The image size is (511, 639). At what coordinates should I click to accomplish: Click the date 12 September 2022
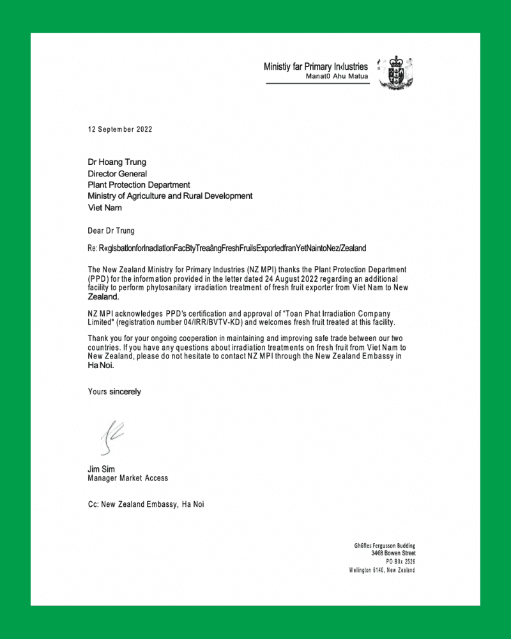tap(120, 129)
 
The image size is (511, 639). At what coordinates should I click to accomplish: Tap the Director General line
tap(118, 173)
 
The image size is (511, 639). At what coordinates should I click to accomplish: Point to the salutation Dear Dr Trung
tap(111, 230)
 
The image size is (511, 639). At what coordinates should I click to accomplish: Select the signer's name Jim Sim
tap(102, 469)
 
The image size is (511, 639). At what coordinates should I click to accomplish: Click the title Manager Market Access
tap(128, 478)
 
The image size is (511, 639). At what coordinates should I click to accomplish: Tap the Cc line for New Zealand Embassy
tap(146, 504)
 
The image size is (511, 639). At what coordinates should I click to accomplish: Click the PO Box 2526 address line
tap(400, 561)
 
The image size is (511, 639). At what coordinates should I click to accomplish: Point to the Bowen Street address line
tap(393, 553)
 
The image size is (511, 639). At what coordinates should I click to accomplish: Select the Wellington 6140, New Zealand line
tap(382, 570)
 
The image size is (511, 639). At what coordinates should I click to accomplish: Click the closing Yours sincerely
tap(114, 391)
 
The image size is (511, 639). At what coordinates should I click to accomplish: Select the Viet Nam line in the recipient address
tap(104, 208)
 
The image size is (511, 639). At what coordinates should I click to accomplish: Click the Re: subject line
tap(227, 248)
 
